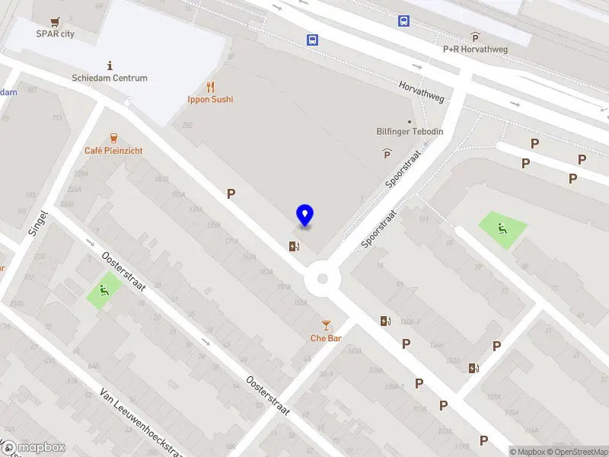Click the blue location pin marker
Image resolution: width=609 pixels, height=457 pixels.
click(304, 216)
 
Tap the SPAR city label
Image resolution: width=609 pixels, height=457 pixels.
click(56, 34)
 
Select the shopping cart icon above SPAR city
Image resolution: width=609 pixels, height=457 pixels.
click(55, 21)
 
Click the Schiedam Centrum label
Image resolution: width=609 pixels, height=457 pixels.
click(110, 78)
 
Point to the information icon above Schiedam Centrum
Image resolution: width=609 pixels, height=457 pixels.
click(110, 66)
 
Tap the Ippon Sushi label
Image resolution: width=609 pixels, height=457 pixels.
click(210, 99)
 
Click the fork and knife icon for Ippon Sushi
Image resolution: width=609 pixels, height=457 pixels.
click(210, 87)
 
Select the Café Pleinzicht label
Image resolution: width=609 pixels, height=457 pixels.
click(113, 151)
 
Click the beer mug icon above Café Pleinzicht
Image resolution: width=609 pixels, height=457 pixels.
click(113, 138)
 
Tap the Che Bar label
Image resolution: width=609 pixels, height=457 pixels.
click(326, 338)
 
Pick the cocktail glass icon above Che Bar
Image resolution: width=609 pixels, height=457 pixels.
click(326, 325)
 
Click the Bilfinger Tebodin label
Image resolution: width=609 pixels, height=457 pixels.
click(410, 132)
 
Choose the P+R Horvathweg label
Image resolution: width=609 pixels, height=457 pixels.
click(475, 49)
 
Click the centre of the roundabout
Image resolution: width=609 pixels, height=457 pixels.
click(322, 279)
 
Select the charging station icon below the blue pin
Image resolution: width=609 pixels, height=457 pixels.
click(294, 245)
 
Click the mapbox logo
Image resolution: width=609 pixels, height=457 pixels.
click(33, 447)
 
